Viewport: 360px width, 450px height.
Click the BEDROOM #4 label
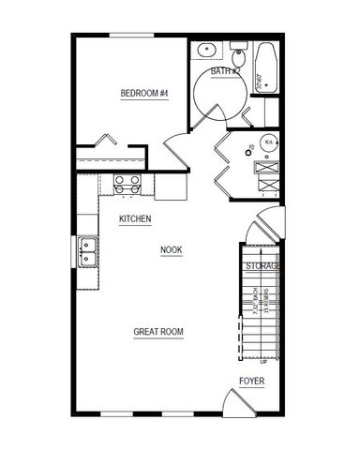[144, 93]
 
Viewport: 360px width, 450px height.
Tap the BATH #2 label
[225, 71]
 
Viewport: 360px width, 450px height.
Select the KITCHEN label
[135, 219]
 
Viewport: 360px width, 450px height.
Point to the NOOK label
[171, 249]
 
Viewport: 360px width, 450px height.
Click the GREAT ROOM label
[157, 332]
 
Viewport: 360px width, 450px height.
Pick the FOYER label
[251, 381]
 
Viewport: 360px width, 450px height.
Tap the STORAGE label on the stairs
[262, 267]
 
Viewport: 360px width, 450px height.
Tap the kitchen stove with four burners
[127, 184]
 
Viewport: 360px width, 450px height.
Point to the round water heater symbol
[268, 142]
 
